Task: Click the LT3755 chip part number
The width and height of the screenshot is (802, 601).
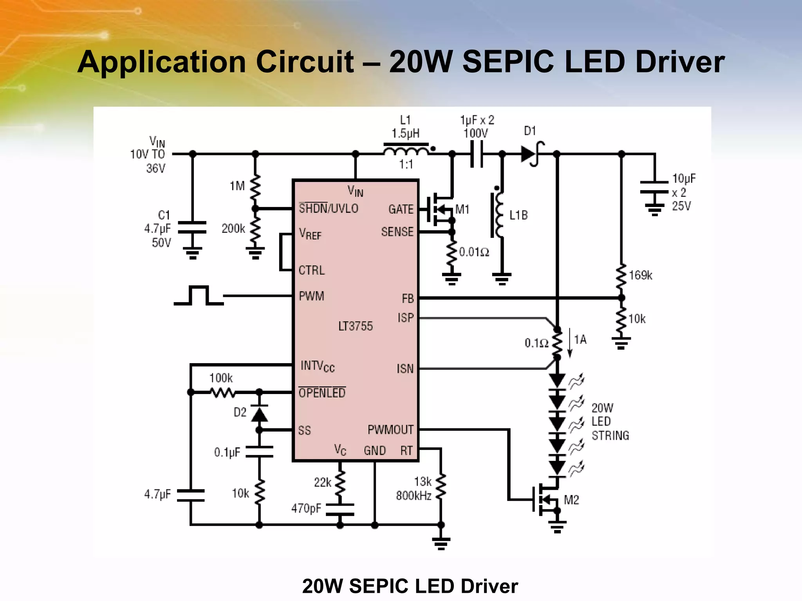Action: click(x=355, y=326)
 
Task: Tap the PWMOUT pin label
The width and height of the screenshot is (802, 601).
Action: click(x=390, y=430)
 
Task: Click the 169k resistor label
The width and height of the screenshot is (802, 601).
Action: click(x=640, y=275)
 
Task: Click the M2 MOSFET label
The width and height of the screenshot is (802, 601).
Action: click(x=571, y=500)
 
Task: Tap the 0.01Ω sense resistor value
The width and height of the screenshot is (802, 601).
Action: click(x=474, y=252)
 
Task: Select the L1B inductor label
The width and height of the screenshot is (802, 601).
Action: click(x=518, y=215)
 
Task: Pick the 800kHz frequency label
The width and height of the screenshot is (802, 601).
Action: click(x=414, y=496)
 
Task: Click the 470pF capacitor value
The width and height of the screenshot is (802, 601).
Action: click(x=306, y=508)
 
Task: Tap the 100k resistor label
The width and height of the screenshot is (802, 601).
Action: click(x=221, y=378)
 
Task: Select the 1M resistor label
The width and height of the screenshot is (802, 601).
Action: click(x=237, y=186)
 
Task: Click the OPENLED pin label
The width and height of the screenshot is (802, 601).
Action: click(x=322, y=392)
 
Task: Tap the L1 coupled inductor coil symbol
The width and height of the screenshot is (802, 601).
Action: click(x=406, y=151)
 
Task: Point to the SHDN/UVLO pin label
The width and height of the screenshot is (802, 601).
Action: click(x=328, y=209)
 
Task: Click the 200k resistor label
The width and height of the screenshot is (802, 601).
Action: click(x=233, y=229)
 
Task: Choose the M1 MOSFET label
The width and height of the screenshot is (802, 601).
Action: click(x=462, y=209)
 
